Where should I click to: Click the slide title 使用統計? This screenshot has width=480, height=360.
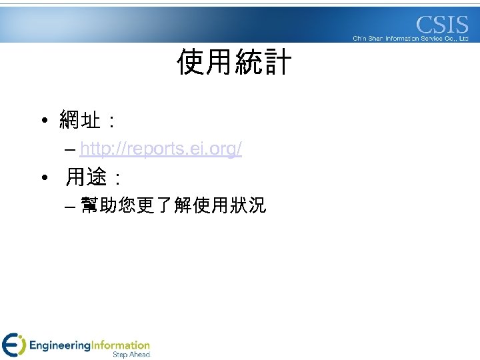click(x=234, y=63)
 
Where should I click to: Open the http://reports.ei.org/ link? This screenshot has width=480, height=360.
click(x=161, y=149)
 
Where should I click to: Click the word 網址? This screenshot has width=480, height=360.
click(x=80, y=121)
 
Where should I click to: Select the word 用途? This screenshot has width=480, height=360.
click(x=85, y=177)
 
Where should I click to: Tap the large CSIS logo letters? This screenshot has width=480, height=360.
click(x=443, y=25)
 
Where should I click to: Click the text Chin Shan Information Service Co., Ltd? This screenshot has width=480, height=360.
click(x=411, y=39)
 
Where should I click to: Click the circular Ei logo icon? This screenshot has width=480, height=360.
click(x=13, y=344)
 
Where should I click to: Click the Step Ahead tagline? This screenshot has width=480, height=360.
click(x=131, y=355)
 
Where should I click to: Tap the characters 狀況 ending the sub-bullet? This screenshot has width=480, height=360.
click(x=247, y=206)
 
